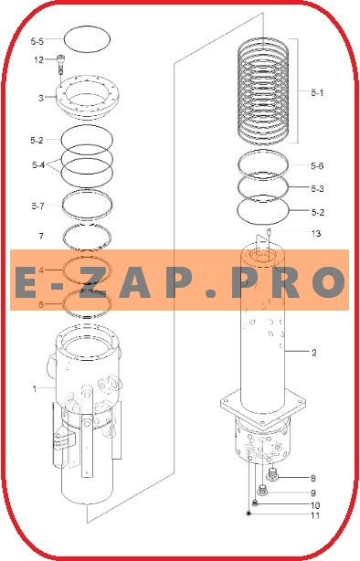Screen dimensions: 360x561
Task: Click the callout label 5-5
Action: [x=37, y=41]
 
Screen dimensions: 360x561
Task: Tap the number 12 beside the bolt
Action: [x=38, y=59]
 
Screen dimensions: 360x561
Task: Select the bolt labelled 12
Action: [x=61, y=63]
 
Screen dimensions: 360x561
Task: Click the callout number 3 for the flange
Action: [x=41, y=98]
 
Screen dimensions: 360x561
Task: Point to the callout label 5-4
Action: [x=38, y=165]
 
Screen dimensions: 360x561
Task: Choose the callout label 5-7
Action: [x=37, y=206]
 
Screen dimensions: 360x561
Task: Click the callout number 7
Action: [x=41, y=236]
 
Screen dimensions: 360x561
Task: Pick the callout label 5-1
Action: [x=317, y=93]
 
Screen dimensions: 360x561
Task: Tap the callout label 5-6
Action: [x=317, y=165]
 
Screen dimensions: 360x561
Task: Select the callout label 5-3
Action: [x=317, y=188]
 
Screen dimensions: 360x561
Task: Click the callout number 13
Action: [x=316, y=234]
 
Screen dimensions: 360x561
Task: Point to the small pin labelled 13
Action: [x=269, y=233]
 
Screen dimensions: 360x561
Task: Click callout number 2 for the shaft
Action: [x=314, y=353]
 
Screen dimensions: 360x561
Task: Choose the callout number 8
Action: [x=313, y=479]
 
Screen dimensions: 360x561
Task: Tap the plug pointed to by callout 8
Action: [x=273, y=475]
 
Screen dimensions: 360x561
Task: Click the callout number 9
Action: [x=313, y=493]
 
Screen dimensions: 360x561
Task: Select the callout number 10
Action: [x=315, y=505]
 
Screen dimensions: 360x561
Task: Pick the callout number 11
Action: [x=315, y=515]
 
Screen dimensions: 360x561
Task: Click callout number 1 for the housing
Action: [x=35, y=388]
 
